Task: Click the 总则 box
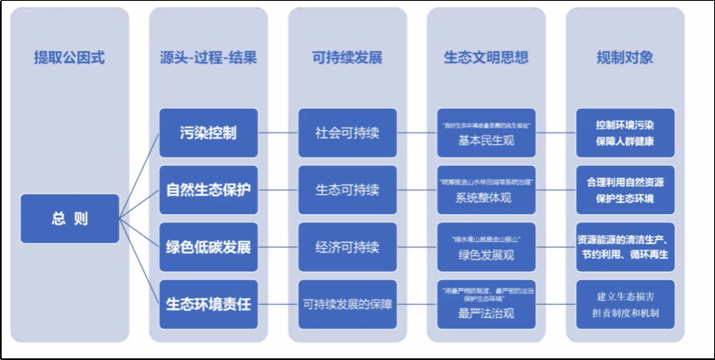coord(69,218)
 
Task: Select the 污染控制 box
coord(208,133)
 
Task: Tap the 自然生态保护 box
coord(208,189)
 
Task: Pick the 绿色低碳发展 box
coord(208,247)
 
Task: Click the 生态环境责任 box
coord(208,304)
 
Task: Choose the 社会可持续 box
coord(347,133)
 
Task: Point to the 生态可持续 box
coord(347,189)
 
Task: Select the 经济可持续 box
coord(347,247)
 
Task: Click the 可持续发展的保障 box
coord(347,304)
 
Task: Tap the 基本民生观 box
coord(486,133)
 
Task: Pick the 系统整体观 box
coord(486,189)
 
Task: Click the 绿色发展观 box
coord(486,247)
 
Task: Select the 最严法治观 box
coord(486,304)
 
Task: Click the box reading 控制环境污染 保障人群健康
coord(625,133)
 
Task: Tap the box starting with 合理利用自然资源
coord(625,189)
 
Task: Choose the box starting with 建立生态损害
coord(625,304)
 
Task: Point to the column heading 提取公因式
coord(69,58)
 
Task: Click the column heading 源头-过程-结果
coord(208,58)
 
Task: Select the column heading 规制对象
coord(625,58)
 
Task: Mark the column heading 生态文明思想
coord(486,58)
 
